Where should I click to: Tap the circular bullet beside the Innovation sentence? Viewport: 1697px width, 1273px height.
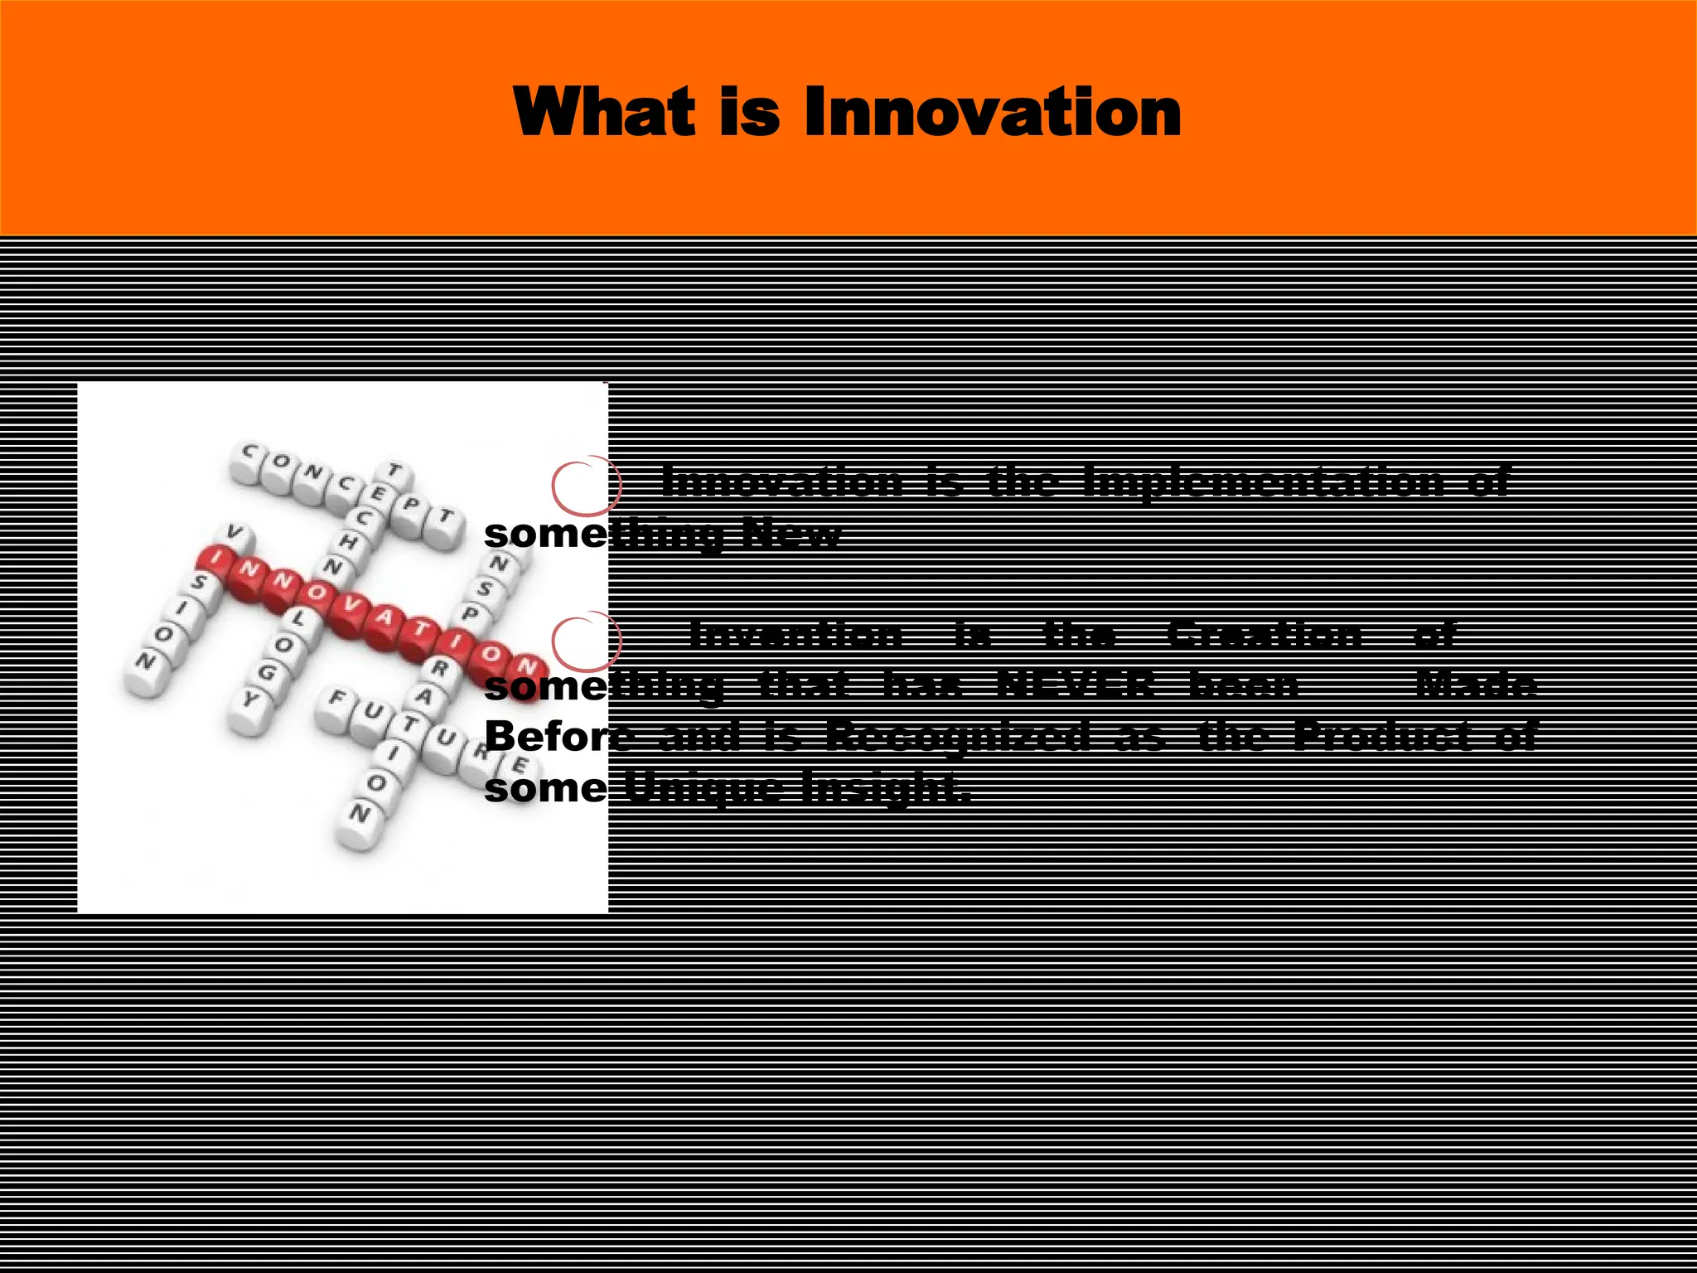pyautogui.click(x=586, y=484)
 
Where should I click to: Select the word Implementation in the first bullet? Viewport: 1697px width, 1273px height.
pyautogui.click(x=1263, y=482)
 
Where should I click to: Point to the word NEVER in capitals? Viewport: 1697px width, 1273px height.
pyautogui.click(x=1075, y=685)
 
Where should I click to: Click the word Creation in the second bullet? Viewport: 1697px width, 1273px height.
pyautogui.click(x=1264, y=635)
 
